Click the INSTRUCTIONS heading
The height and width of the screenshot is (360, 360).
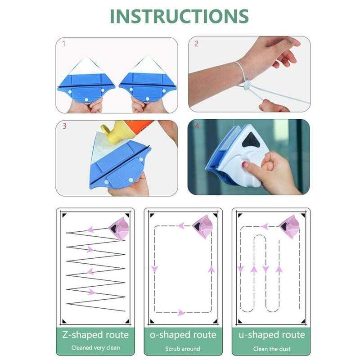click(180, 16)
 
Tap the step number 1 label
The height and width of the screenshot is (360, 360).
click(64, 44)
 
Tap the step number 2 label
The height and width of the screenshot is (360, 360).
click(196, 44)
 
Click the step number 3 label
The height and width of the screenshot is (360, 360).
click(64, 126)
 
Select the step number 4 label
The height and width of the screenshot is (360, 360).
click(197, 126)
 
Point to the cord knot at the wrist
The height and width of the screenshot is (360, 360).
click(247, 85)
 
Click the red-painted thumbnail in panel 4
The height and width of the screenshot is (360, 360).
click(246, 164)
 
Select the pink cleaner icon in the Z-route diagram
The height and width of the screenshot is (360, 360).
click(118, 227)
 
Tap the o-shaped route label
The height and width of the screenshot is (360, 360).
click(183, 335)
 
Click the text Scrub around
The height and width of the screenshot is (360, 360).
click(183, 348)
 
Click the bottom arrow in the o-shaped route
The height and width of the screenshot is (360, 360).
click(181, 312)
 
